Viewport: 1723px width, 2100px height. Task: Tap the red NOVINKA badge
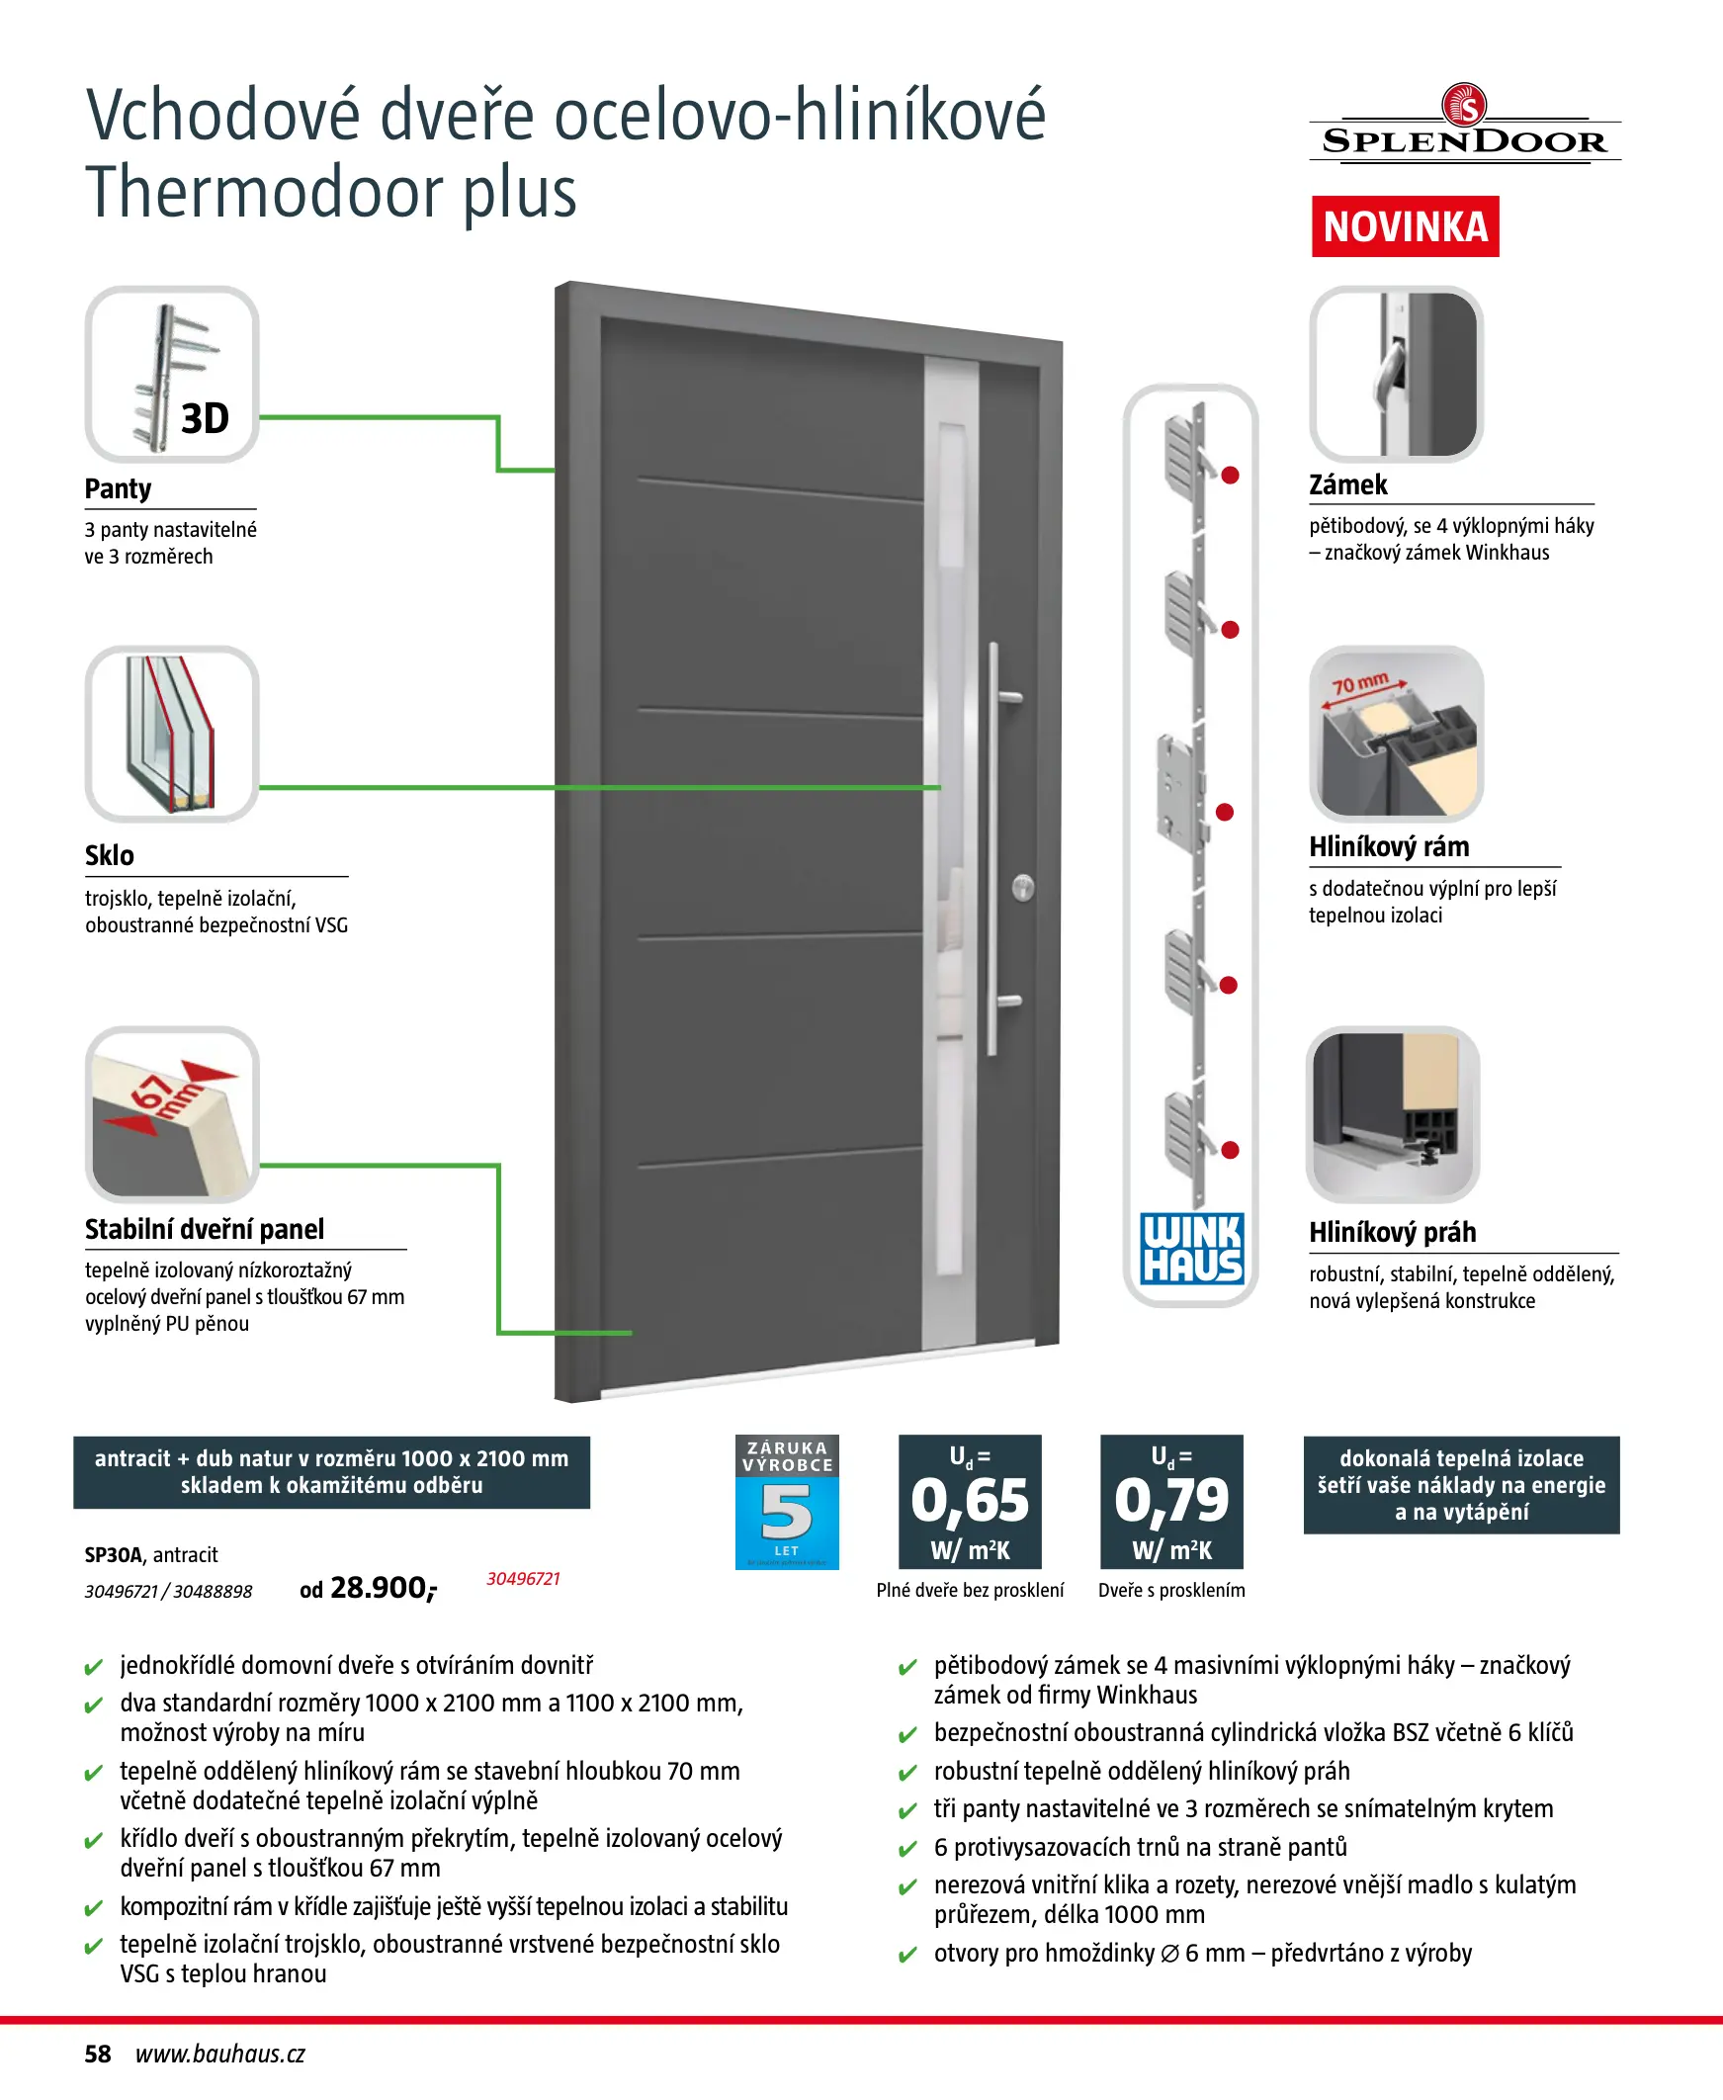point(1405,227)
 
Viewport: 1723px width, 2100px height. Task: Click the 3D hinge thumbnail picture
point(172,374)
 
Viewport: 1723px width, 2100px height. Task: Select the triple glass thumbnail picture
point(172,734)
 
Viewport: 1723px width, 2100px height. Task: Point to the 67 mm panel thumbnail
point(172,1113)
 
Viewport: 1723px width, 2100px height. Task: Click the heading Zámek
point(1346,485)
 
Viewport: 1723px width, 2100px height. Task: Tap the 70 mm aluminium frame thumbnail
point(1396,734)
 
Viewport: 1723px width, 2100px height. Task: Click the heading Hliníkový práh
point(1392,1233)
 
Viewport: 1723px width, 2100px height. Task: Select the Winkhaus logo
point(1191,1249)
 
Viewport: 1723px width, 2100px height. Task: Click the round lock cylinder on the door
point(1022,887)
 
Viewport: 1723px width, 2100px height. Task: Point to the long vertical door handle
point(993,848)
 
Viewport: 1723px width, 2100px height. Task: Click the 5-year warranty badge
point(787,1502)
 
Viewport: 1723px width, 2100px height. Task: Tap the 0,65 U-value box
point(970,1501)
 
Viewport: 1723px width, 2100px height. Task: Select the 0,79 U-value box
point(1171,1501)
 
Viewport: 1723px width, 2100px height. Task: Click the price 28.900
point(380,1588)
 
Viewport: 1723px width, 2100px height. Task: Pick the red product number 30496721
point(523,1579)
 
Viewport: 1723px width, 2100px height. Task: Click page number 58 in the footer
point(97,2055)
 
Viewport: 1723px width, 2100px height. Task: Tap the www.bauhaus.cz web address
point(220,2055)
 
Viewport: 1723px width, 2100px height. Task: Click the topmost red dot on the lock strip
point(1230,476)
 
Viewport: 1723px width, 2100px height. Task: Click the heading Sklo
point(109,855)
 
